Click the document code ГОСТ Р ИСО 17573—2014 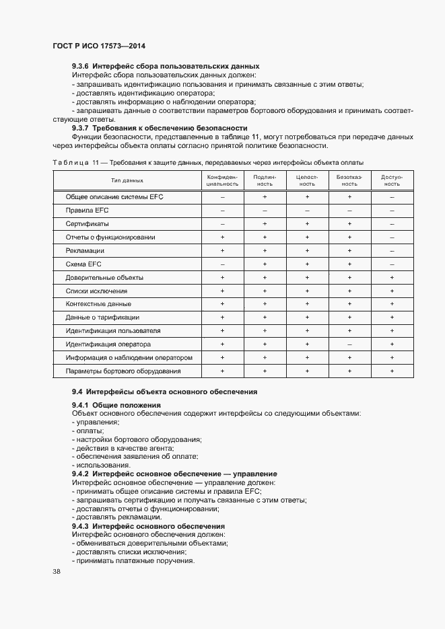pyautogui.click(x=99, y=46)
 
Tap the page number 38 pyautogui.click(x=57, y=572)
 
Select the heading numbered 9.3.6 pyautogui.click(x=166, y=66)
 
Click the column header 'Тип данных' pyautogui.click(x=127, y=180)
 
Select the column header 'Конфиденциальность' pyautogui.click(x=222, y=180)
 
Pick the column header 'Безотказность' pyautogui.click(x=349, y=180)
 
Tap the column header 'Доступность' pyautogui.click(x=392, y=180)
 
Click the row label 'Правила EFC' pyautogui.click(x=83, y=211)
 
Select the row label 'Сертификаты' pyautogui.click(x=88, y=224)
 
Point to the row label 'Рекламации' pyautogui.click(x=84, y=250)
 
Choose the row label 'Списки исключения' pyautogui.click(x=96, y=291)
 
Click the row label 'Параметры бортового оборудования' pyautogui.click(x=123, y=371)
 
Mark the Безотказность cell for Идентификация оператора pyautogui.click(x=349, y=344)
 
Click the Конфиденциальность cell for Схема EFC pyautogui.click(x=222, y=264)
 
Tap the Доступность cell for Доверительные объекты pyautogui.click(x=392, y=277)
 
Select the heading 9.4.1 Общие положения pyautogui.click(x=116, y=405)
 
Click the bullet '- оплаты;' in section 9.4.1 pyautogui.click(x=88, y=431)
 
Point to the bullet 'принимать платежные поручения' pyautogui.click(x=133, y=561)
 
